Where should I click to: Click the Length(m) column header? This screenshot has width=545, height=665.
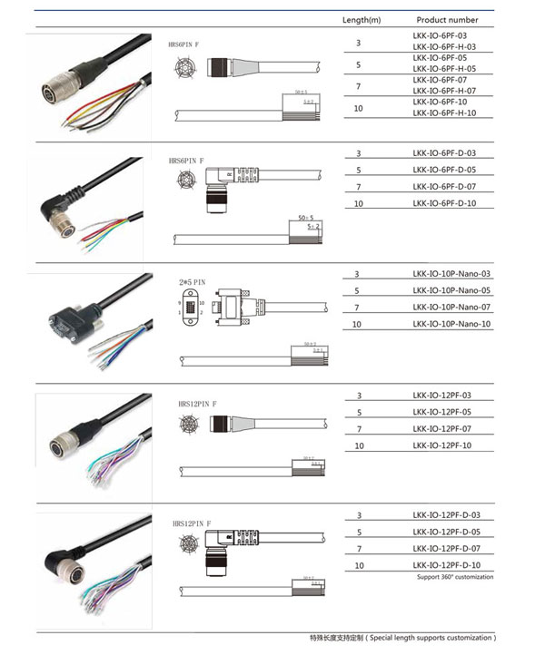[x=361, y=19]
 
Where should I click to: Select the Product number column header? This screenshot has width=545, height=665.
[x=447, y=19]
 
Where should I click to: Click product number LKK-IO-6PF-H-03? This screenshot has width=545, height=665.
[x=443, y=47]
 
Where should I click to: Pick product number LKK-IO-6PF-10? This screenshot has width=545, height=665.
[x=438, y=102]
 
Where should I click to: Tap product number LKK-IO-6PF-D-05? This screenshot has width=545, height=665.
[x=443, y=170]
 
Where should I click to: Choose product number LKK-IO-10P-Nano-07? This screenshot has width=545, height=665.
[x=451, y=308]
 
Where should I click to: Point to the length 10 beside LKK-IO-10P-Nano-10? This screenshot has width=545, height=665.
[x=357, y=324]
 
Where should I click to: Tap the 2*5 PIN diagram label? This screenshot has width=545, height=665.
[x=192, y=283]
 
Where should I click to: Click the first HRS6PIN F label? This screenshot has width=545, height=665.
[x=186, y=44]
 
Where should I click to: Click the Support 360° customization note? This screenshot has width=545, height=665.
[x=455, y=578]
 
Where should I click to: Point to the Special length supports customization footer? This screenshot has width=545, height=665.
[x=402, y=638]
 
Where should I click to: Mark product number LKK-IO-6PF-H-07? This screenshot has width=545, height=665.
[x=443, y=90]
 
